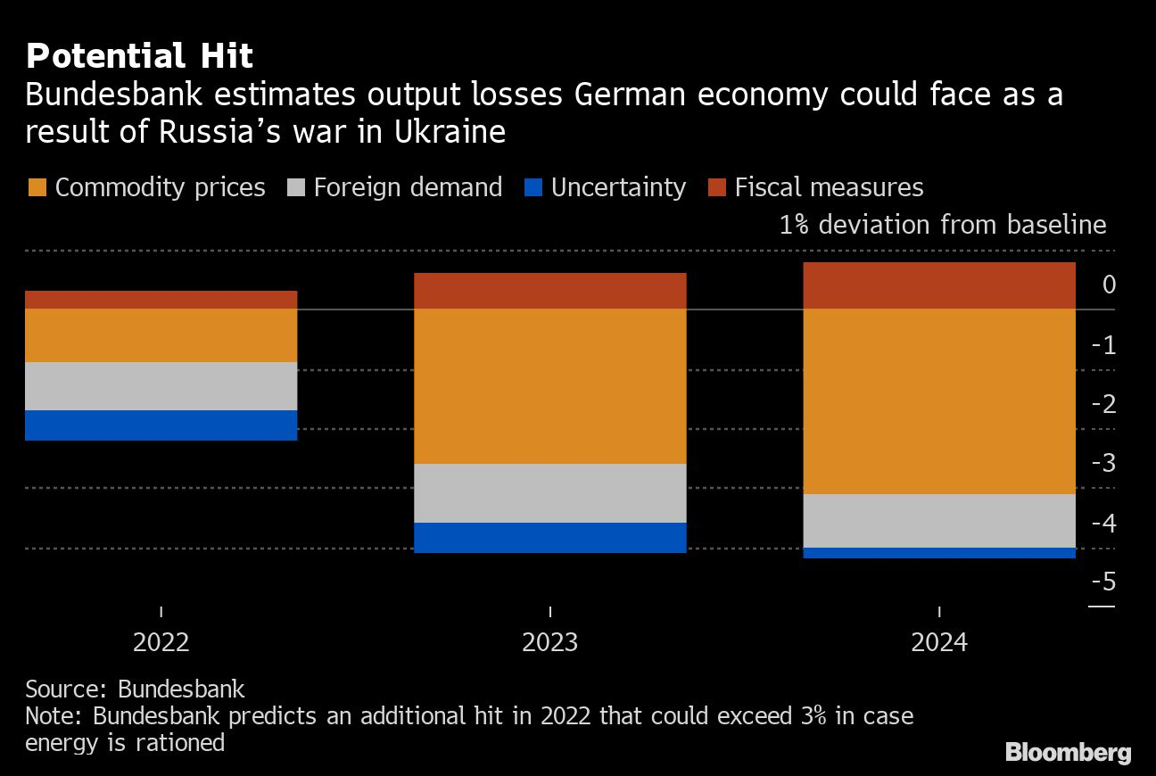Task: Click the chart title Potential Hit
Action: coord(139,56)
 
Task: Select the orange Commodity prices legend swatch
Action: coord(37,187)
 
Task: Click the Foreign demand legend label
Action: coord(408,187)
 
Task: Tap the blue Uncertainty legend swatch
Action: coord(533,187)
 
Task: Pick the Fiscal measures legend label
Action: coord(829,187)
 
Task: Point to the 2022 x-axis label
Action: coord(161,642)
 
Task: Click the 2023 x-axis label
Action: coord(550,642)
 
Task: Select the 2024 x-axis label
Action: coord(939,642)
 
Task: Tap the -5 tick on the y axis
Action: coord(1103,582)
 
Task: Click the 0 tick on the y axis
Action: coord(1109,285)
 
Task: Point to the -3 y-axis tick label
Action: coord(1103,463)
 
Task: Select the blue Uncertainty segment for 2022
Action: coord(161,425)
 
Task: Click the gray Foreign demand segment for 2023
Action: coord(550,493)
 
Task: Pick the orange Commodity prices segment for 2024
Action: coord(939,401)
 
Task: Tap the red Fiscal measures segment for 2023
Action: coord(550,291)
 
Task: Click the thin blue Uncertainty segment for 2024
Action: coord(939,553)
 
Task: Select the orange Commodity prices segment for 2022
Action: coord(161,335)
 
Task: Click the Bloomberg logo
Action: coord(1068,753)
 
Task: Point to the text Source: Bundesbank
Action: coord(135,689)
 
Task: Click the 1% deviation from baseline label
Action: coord(943,225)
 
